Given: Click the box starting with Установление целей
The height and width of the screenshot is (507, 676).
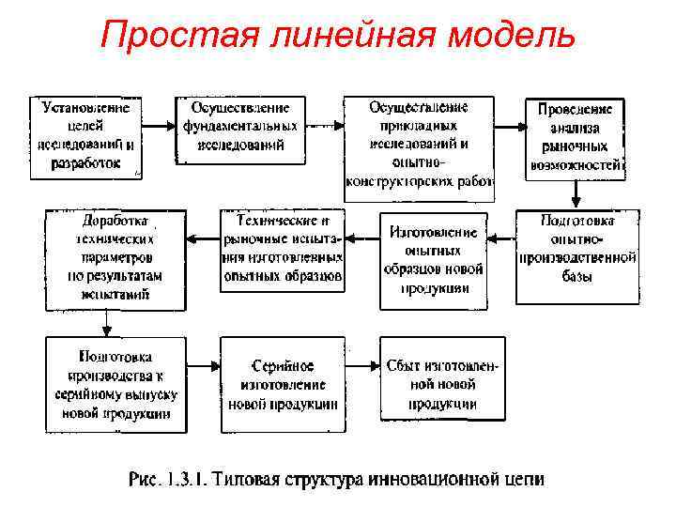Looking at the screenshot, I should pos(85,136).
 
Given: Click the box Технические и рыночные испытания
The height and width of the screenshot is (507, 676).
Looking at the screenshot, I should pos(283,250).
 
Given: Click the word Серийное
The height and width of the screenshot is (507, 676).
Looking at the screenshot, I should pos(283,366).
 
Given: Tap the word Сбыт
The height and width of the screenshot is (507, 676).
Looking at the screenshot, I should pos(404,366).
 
